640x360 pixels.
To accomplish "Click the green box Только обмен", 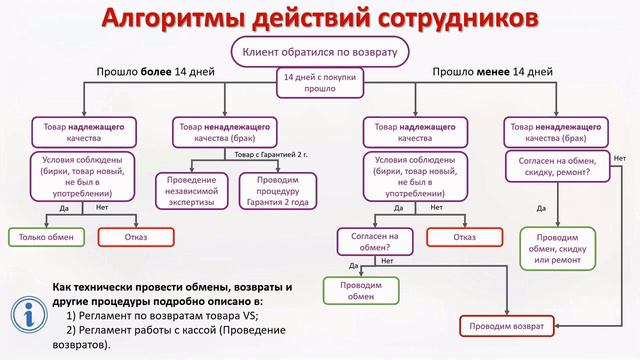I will coord(46,237).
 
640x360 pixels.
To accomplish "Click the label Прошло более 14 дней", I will coord(146,72).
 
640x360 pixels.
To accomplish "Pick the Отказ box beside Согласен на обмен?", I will coord(464,237).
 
